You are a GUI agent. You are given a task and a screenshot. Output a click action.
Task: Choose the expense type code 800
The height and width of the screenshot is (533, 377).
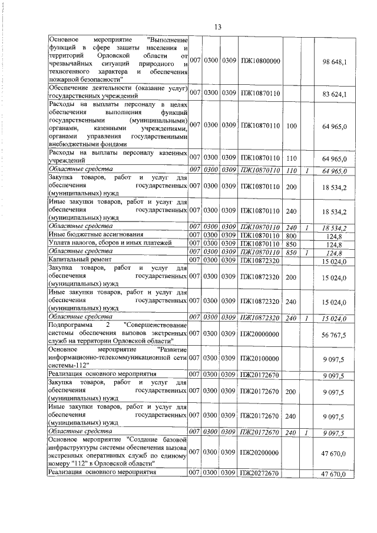[x=290, y=236]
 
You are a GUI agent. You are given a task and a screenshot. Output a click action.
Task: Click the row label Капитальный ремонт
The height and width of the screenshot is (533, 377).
[x=77, y=260]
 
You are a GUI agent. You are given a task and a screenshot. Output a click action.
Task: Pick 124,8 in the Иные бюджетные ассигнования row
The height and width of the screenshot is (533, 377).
[x=333, y=236]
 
